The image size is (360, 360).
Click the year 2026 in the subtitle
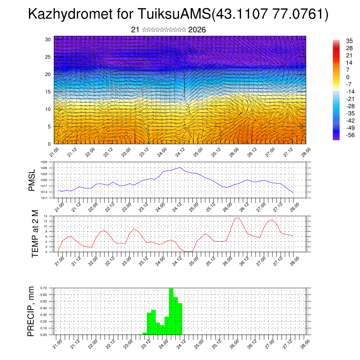coord(197,30)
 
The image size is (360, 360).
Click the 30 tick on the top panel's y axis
coord(48,39)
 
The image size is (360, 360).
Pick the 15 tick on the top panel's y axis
coord(48,92)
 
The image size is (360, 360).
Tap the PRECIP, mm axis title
coord(32,311)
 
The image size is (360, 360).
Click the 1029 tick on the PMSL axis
coord(44,162)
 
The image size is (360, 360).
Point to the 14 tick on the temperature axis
coord(46,216)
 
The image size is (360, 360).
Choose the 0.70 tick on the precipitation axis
coord(44,288)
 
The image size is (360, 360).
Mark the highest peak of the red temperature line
coord(239,218)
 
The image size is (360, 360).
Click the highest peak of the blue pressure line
coord(180,167)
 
